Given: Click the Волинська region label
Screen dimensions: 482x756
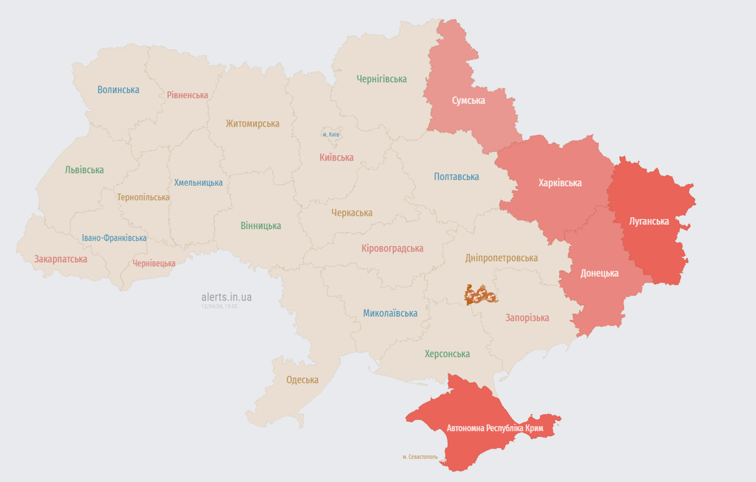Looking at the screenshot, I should (118, 90).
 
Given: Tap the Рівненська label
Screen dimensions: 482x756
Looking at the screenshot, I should (188, 95).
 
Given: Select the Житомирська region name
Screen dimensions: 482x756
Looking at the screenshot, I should (252, 124).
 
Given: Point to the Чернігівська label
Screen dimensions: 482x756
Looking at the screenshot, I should (381, 79).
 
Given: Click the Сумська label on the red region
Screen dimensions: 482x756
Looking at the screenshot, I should (468, 100).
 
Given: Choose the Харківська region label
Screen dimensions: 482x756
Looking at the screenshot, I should (560, 183).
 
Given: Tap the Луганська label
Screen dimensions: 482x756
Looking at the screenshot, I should (649, 222).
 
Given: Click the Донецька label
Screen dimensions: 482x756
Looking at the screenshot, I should (599, 273).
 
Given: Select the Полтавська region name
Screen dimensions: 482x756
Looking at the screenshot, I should (456, 177).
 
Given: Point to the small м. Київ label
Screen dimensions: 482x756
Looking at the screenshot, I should (331, 135).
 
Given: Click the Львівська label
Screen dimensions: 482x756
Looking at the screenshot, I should (84, 170).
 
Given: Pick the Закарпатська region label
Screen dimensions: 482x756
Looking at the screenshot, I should (61, 259).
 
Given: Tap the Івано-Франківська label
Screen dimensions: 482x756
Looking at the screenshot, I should (114, 238).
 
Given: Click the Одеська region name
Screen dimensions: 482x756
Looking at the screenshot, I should (302, 380).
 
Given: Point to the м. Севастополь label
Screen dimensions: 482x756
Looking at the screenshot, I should (420, 457).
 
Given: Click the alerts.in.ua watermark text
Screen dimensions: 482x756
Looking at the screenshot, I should (226, 297).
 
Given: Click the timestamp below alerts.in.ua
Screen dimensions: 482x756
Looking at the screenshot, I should (219, 307).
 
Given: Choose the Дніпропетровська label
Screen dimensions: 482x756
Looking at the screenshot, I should (501, 258).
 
